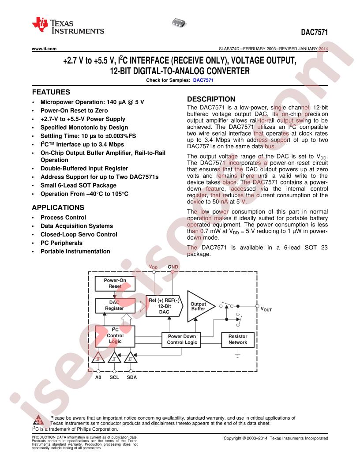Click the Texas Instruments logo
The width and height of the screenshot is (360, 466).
coord(68,26)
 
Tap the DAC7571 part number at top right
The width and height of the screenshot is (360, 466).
coord(314,32)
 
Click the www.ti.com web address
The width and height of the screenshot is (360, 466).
coord(44,49)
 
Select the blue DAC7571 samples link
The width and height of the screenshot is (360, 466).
coord(203,80)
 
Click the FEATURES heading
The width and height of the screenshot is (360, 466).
coord(51,92)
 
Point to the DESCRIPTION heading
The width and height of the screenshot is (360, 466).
coord(211,99)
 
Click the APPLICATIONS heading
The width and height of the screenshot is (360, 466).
coord(58,207)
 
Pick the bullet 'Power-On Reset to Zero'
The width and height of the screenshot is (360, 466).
coord(74,111)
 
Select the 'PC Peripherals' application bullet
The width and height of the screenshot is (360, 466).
coord(61,243)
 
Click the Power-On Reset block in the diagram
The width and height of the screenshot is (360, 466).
coord(115,283)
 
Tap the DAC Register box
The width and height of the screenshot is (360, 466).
coord(115,305)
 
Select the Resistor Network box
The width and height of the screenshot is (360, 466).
coord(238,340)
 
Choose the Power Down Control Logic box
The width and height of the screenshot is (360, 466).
coord(182,340)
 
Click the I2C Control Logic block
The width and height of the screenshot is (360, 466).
coord(115,336)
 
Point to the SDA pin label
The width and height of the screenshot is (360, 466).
coord(132,377)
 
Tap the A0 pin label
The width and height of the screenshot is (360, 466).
coord(98,377)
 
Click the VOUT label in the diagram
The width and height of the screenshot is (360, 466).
coord(266,309)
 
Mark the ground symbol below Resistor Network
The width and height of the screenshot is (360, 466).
coord(238,355)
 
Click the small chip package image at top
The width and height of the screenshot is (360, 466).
coord(179,23)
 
